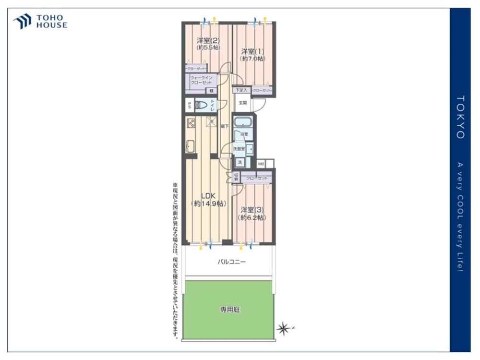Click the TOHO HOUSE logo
click(40, 22)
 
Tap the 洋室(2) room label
click(208, 40)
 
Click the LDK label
click(208, 195)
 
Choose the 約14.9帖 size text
click(208, 204)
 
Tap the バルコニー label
click(231, 262)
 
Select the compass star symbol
click(283, 328)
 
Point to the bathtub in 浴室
click(243, 121)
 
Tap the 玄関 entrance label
click(243, 103)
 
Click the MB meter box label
click(261, 164)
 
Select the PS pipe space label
click(190, 105)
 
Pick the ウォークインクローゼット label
click(201, 80)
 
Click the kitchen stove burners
click(191, 123)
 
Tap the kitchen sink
click(190, 145)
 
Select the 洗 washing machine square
click(240, 162)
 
